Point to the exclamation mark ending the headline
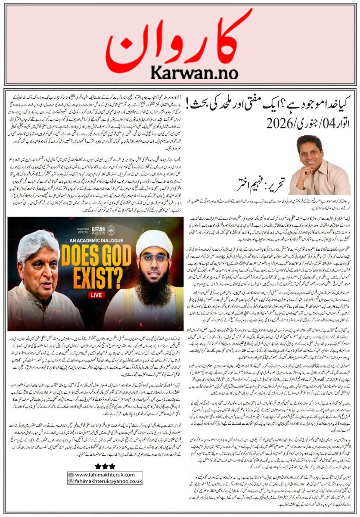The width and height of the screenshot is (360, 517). tap(189, 105)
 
